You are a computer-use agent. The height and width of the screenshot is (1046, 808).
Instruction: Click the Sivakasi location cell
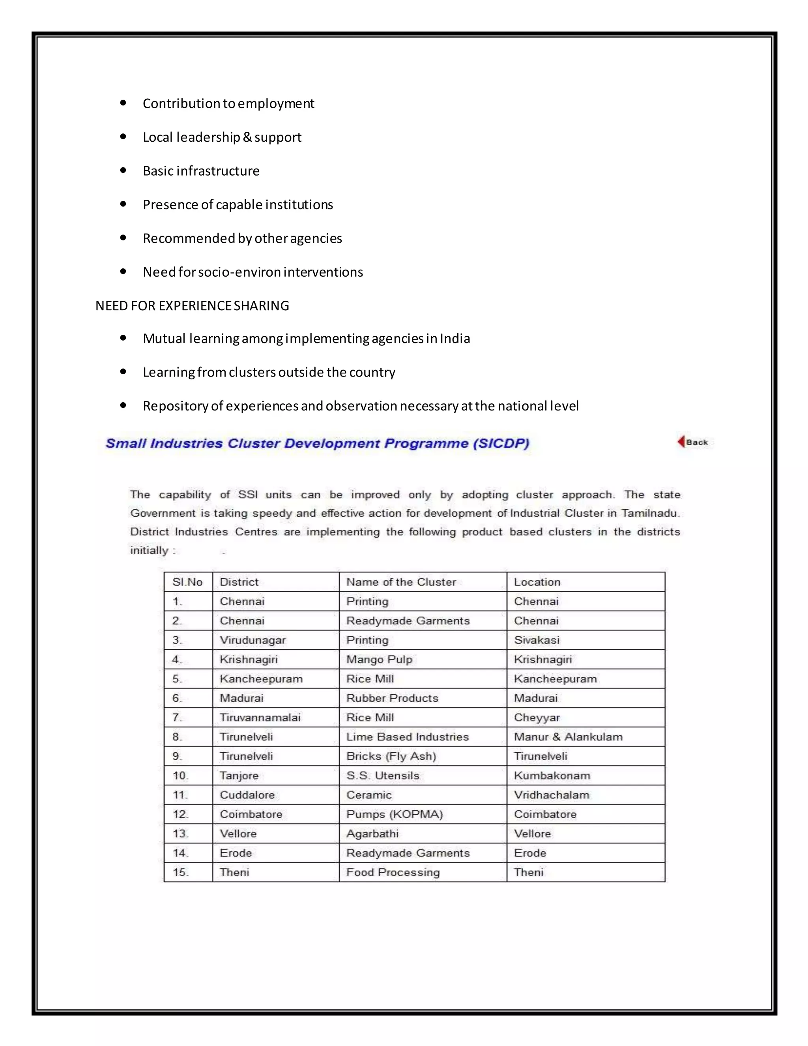(537, 640)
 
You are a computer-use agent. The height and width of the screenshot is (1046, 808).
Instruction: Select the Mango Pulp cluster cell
(379, 660)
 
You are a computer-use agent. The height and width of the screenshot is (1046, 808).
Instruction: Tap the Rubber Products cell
(392, 698)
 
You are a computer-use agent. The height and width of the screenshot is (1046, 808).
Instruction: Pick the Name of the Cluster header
(401, 582)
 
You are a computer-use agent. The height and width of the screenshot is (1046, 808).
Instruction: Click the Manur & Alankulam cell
(568, 737)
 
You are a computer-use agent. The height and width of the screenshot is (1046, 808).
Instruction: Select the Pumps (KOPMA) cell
(395, 814)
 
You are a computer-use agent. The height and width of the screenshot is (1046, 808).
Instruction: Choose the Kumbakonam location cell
(552, 775)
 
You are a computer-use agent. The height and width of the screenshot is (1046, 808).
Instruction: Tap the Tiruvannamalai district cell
(260, 718)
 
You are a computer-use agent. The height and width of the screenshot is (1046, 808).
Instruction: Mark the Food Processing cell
(393, 872)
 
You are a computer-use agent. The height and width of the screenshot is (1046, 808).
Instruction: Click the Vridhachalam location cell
(552, 795)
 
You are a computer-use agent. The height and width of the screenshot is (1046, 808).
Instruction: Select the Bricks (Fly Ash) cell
(391, 756)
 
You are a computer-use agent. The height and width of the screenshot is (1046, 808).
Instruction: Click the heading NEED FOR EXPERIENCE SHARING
(192, 306)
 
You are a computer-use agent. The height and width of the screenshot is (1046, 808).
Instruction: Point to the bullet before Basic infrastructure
(123, 170)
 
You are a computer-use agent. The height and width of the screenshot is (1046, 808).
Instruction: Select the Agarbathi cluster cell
(372, 834)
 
